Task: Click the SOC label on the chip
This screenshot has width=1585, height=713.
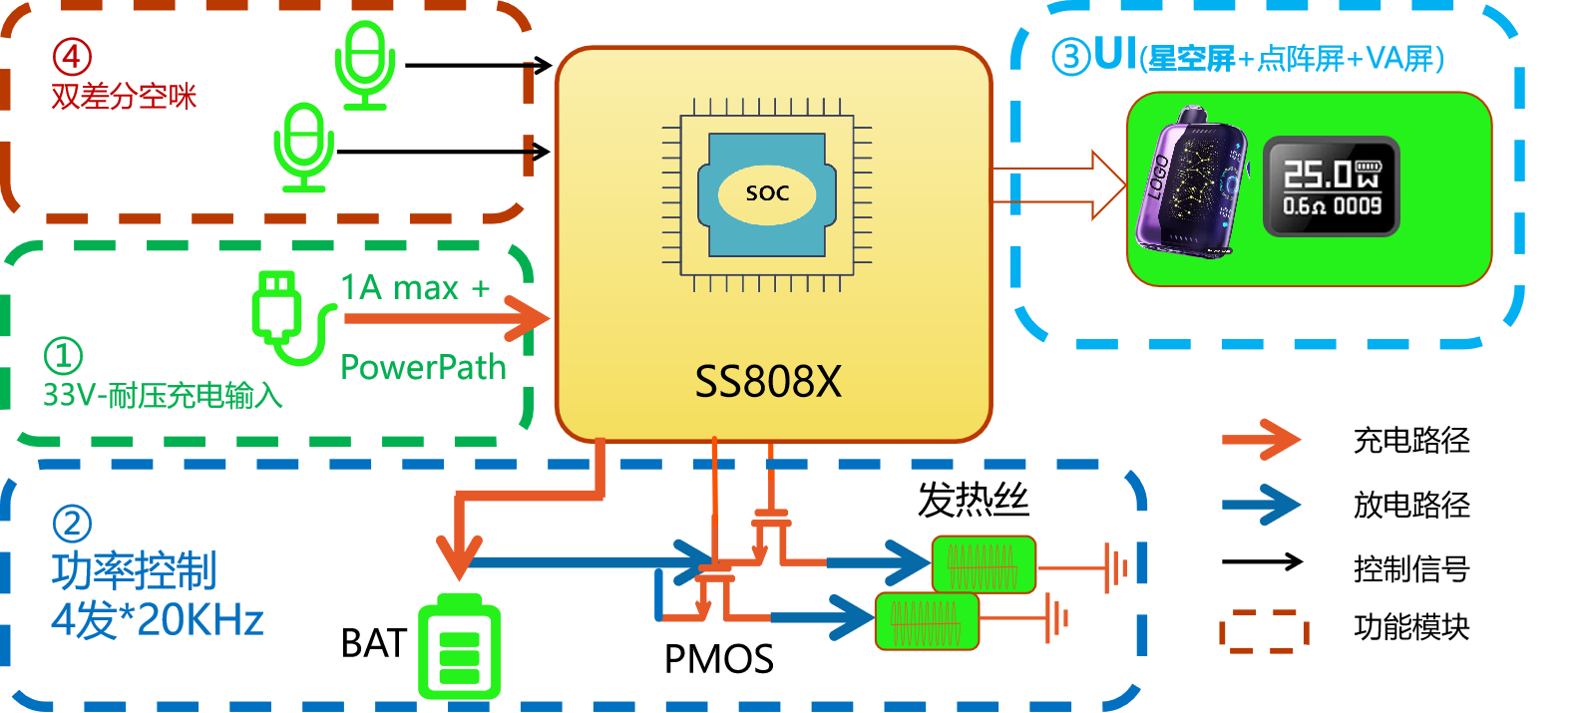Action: click(x=767, y=193)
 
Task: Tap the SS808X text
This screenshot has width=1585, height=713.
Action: click(x=768, y=381)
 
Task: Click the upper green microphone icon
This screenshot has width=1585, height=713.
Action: click(x=365, y=66)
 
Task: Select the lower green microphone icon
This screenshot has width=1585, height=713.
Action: click(x=304, y=148)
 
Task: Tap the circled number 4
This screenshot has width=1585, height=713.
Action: click(x=72, y=57)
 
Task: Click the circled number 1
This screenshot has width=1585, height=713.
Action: click(x=63, y=356)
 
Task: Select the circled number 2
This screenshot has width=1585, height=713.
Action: click(x=72, y=524)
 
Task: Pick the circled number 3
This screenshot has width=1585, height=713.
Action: click(x=1071, y=57)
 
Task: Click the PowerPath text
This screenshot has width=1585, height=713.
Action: click(x=423, y=367)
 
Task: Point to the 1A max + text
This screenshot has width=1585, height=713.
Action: click(x=415, y=288)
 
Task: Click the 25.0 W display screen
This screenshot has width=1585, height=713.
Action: click(x=1332, y=187)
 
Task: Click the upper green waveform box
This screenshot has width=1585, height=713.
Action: click(x=984, y=564)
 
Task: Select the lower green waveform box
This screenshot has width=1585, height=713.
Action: click(x=927, y=621)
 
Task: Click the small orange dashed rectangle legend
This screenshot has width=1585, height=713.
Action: click(x=1264, y=631)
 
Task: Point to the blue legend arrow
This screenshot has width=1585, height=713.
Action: click(x=1262, y=505)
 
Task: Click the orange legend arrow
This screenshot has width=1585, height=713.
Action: click(x=1262, y=439)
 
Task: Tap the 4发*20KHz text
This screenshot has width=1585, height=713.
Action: click(x=158, y=620)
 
